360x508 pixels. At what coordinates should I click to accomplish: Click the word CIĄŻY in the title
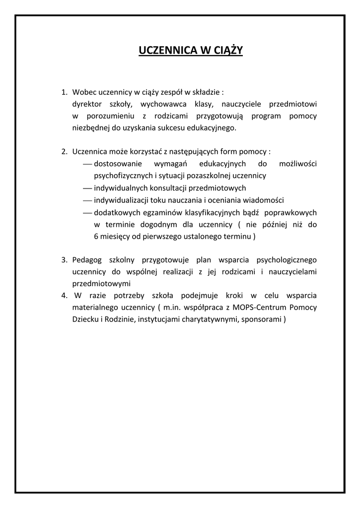226,50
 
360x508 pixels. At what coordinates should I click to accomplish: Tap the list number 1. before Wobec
64,92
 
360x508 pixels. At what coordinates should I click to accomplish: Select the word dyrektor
87,104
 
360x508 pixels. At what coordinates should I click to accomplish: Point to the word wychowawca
156,104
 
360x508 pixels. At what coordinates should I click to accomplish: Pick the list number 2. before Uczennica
64,152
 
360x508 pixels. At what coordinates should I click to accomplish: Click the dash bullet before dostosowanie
87,164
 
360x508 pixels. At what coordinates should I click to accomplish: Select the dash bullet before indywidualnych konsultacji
87,188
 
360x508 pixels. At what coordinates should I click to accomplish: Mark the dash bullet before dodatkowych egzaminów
87,212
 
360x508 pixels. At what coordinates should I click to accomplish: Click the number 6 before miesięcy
96,236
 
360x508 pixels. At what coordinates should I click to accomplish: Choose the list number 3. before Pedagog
64,260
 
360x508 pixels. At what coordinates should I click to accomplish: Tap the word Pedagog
87,260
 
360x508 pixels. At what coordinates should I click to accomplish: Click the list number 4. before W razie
64,296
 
